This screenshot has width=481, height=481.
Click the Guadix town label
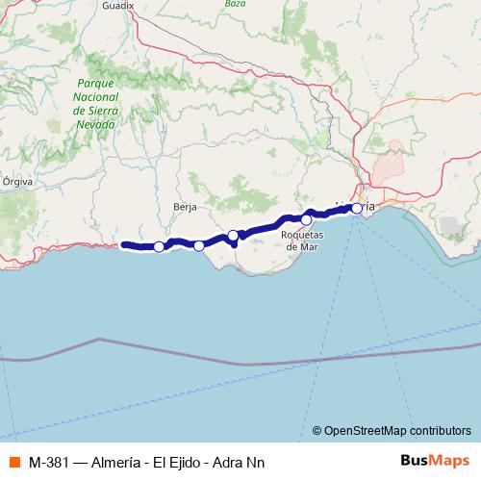(x=116, y=5)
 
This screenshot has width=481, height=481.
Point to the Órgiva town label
(x=18, y=180)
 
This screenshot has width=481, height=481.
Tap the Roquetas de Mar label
(x=302, y=240)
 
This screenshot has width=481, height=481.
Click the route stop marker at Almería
(x=357, y=208)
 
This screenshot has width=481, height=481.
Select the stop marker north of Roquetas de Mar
(x=307, y=219)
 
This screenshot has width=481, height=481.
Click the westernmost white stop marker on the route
(x=159, y=247)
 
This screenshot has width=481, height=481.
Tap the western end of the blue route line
(x=124, y=244)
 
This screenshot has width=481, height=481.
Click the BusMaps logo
(x=434, y=461)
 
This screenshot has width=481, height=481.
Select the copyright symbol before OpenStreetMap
(x=317, y=430)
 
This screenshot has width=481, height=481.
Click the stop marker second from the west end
(x=199, y=245)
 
